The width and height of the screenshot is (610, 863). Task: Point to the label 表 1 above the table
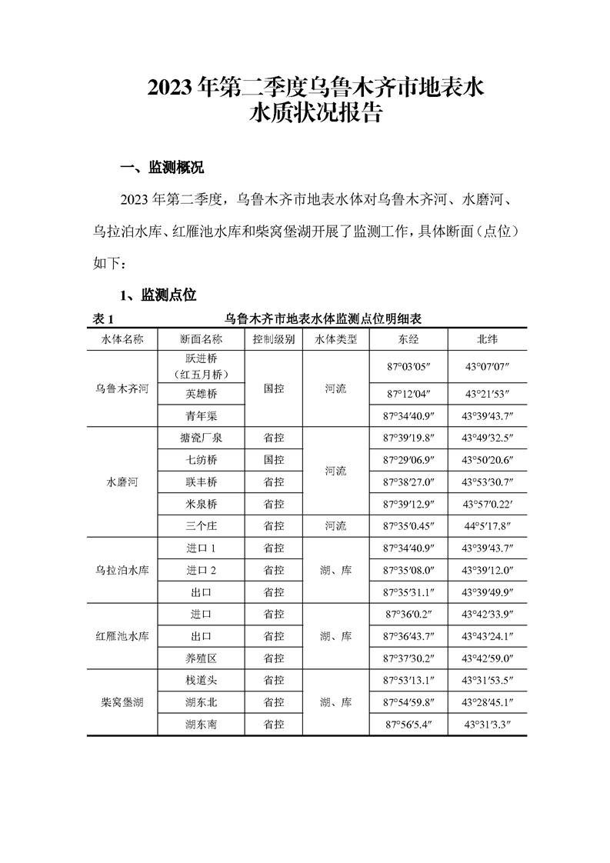click(x=103, y=318)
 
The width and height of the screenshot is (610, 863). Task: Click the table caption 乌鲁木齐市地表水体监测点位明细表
click(x=325, y=318)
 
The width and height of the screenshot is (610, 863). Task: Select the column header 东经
click(x=408, y=339)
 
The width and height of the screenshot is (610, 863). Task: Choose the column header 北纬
click(x=487, y=339)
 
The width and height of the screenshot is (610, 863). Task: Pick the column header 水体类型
click(x=336, y=339)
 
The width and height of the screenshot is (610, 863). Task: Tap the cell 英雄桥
click(x=202, y=394)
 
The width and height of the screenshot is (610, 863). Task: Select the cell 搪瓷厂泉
click(x=202, y=438)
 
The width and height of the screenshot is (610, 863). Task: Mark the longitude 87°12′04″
click(x=408, y=394)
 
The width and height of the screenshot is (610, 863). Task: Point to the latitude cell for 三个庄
click(x=487, y=526)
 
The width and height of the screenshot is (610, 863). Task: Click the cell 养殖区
click(x=202, y=658)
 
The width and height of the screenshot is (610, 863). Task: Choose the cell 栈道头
click(x=202, y=680)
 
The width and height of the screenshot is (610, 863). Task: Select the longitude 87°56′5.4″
click(x=408, y=724)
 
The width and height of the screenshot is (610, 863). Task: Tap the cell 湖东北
click(x=202, y=702)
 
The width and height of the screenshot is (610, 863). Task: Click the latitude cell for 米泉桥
click(x=487, y=504)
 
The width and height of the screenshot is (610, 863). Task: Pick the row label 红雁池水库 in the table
click(x=122, y=636)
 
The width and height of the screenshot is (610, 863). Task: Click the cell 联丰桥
click(x=202, y=482)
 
